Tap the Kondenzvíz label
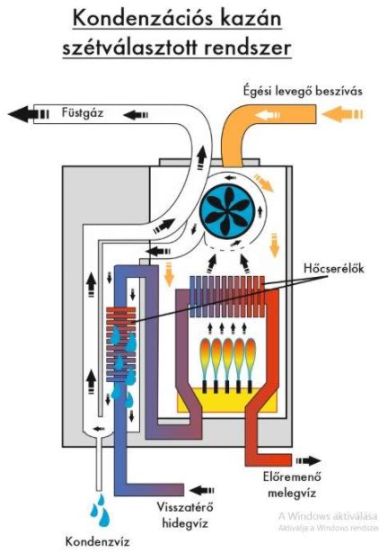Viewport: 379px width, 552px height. coord(98,541)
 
